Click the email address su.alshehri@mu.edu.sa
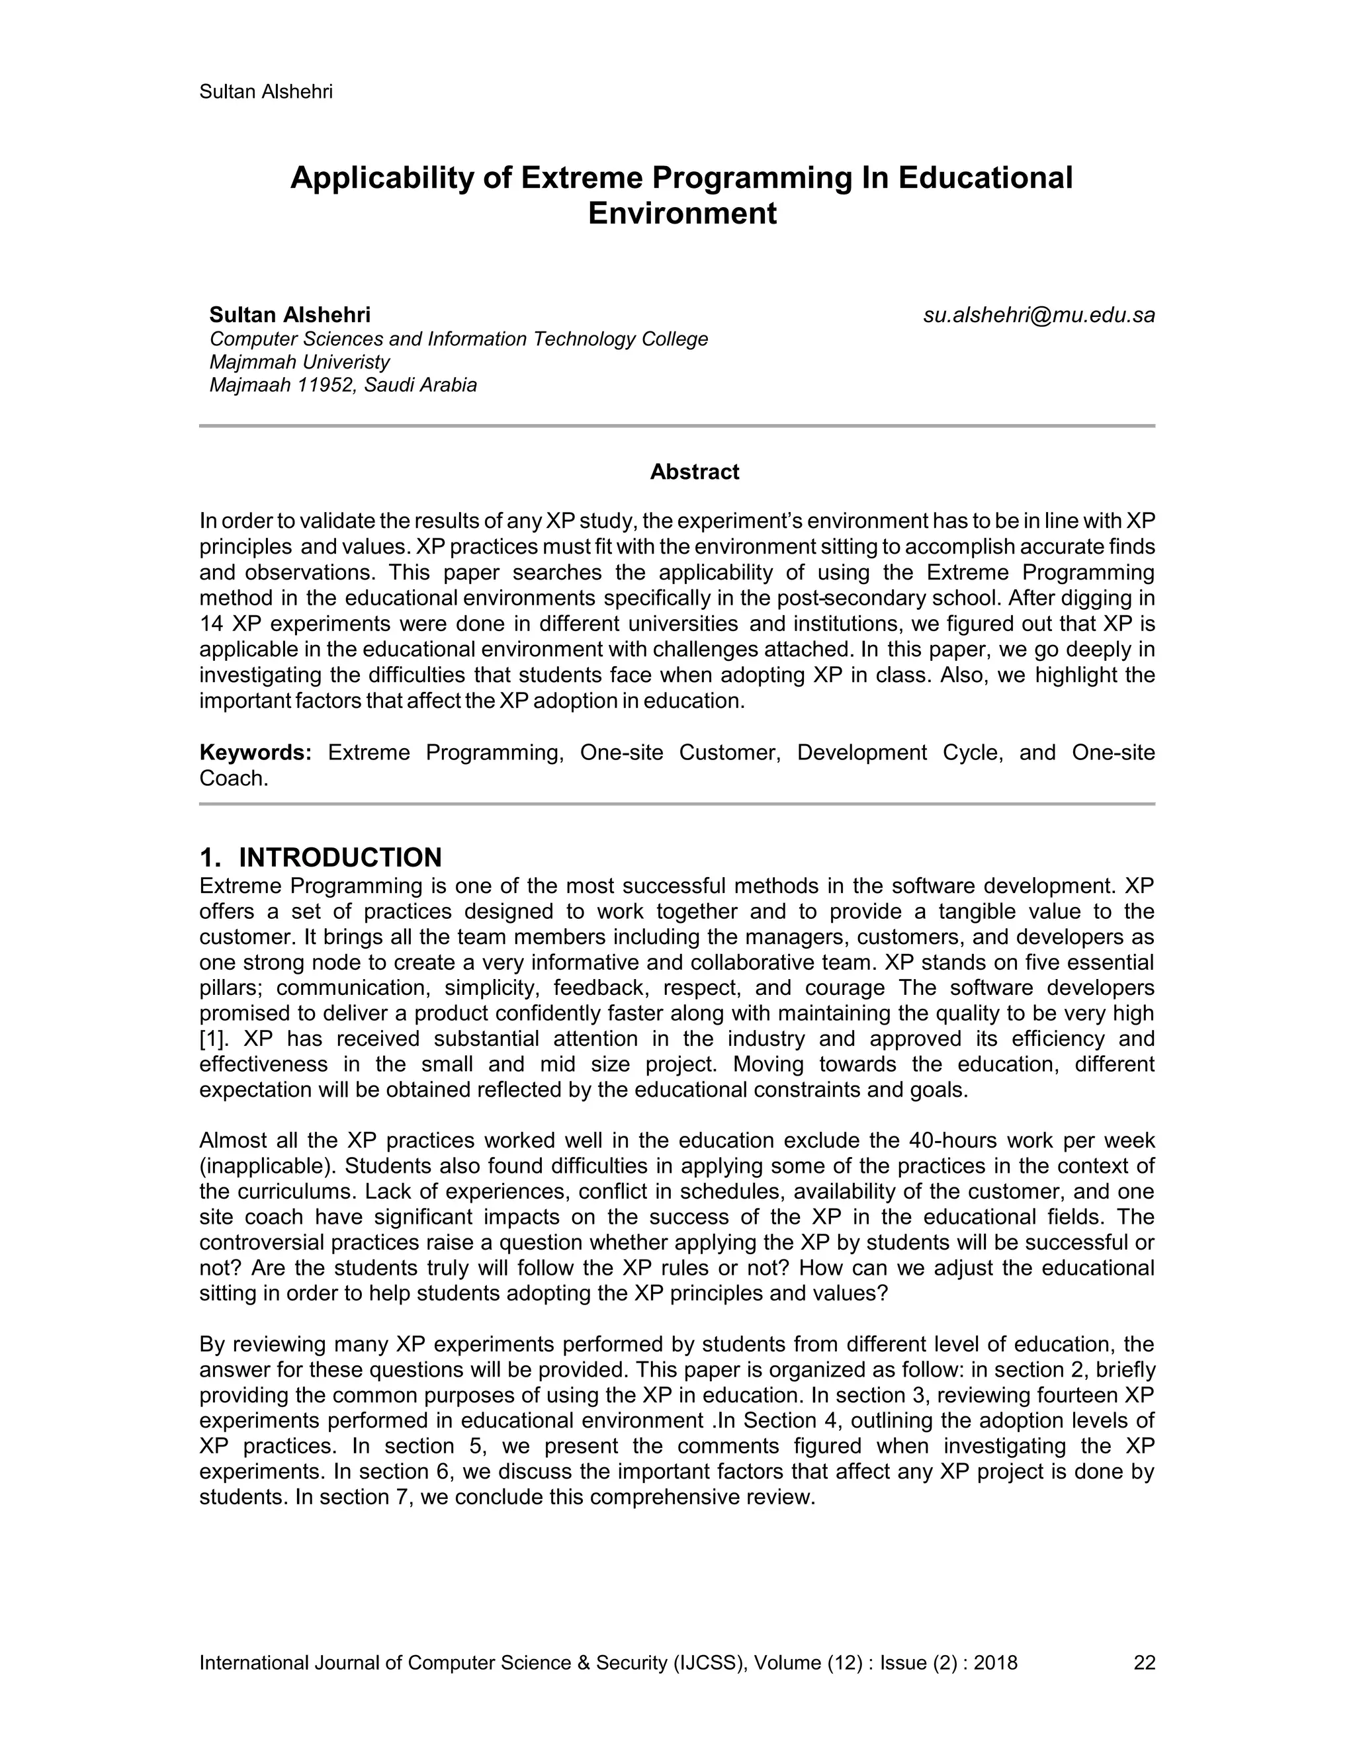tap(1039, 316)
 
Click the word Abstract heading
tap(693, 472)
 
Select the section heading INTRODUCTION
tap(340, 857)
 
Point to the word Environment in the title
tap(681, 214)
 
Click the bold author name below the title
tap(290, 315)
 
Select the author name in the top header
tap(266, 91)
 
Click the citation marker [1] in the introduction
tap(214, 1039)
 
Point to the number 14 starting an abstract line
tap(211, 624)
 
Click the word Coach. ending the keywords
tap(233, 779)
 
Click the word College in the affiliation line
tap(674, 339)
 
